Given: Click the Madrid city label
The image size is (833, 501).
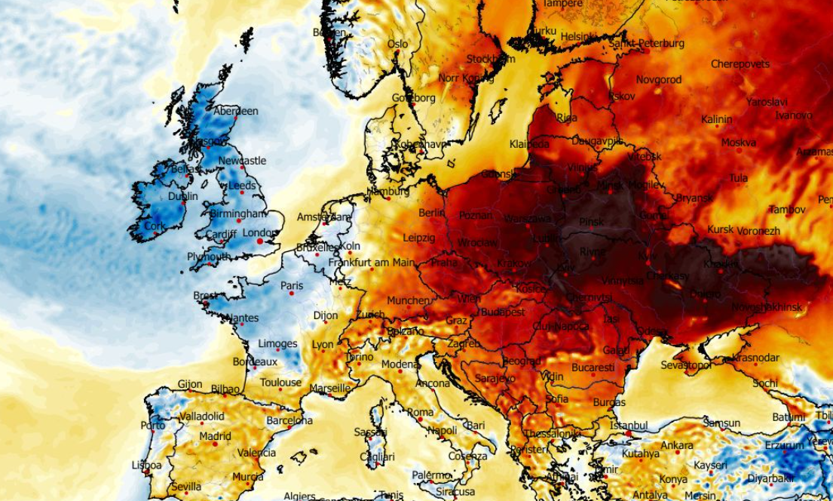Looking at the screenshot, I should (216, 436).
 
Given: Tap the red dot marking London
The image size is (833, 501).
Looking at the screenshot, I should (259, 241).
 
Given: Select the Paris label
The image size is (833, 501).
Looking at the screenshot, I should (292, 286).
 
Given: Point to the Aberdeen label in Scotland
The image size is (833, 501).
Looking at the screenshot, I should (236, 111).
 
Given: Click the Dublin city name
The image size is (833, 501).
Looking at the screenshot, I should (183, 196).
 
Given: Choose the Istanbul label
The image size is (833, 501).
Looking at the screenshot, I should (629, 426).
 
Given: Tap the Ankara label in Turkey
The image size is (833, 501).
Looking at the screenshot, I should (677, 445).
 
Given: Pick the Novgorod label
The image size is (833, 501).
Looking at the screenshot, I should (659, 79).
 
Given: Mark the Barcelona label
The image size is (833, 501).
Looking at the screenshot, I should (289, 420).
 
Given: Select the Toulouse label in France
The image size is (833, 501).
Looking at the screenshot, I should (281, 383).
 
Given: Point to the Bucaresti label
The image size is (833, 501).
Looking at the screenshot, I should (593, 367).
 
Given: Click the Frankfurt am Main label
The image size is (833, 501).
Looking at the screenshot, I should (372, 263).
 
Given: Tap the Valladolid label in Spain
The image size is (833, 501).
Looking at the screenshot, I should (201, 416).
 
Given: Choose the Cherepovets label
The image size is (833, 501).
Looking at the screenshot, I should (740, 64).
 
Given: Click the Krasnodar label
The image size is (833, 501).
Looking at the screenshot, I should (755, 357).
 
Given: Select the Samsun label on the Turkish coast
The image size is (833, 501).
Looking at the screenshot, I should (721, 423).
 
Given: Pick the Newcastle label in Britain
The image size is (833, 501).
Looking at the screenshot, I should (242, 161).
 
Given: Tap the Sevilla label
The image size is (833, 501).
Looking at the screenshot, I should (186, 487).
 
